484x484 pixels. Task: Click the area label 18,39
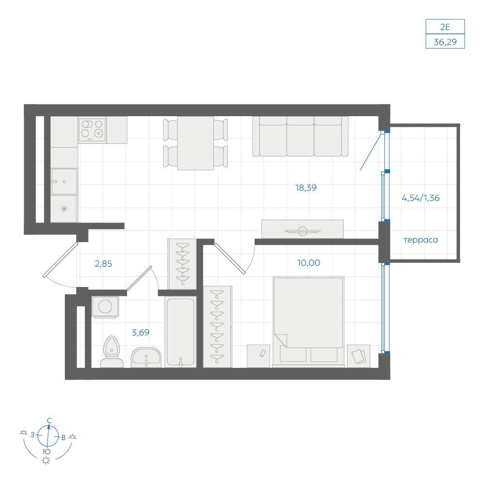(x=306, y=188)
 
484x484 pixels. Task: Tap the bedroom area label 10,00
(x=308, y=263)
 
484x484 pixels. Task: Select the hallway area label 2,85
(x=104, y=264)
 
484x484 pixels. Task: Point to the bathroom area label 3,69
(x=140, y=333)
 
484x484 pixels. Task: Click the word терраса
(x=421, y=240)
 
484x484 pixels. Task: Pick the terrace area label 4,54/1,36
(x=421, y=198)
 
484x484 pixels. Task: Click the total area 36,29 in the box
(x=445, y=42)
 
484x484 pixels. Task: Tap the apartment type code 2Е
(x=445, y=27)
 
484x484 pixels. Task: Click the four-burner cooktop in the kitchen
(x=92, y=130)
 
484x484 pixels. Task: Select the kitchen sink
(x=64, y=181)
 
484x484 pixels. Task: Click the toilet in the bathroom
(x=111, y=352)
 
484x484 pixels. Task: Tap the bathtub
(x=181, y=332)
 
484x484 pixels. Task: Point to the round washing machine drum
(x=105, y=306)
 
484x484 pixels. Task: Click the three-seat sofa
(x=301, y=136)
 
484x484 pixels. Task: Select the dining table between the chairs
(x=196, y=143)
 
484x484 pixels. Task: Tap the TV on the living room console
(x=302, y=231)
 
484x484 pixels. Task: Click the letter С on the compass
(x=49, y=421)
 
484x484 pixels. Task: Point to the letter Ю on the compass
(x=46, y=452)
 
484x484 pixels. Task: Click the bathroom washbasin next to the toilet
(x=146, y=358)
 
